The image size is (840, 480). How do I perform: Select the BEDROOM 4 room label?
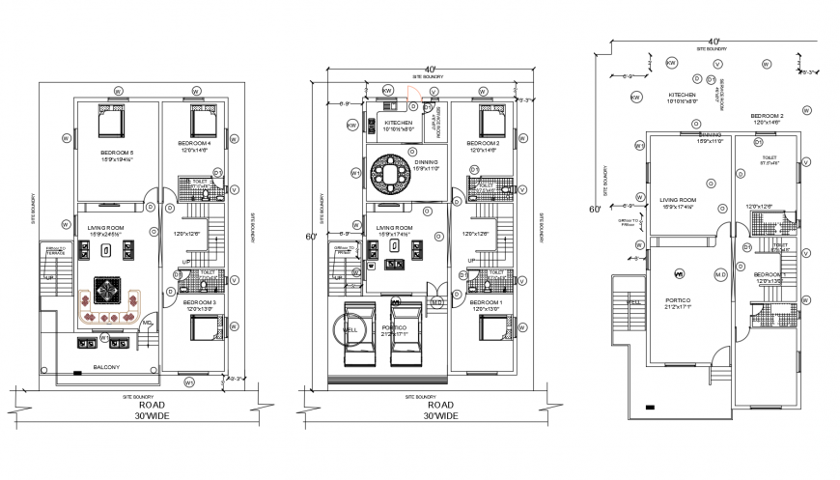click(x=195, y=145)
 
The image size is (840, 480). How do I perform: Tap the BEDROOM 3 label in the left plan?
click(x=195, y=303)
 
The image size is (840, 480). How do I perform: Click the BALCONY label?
click(x=107, y=368)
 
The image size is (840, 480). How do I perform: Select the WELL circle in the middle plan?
click(x=351, y=329)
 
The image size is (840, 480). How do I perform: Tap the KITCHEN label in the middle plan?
click(x=399, y=124)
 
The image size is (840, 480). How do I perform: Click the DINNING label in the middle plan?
click(x=426, y=163)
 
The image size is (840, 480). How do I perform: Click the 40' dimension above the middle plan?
click(x=429, y=66)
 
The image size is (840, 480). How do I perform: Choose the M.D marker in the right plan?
click(x=719, y=275)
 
